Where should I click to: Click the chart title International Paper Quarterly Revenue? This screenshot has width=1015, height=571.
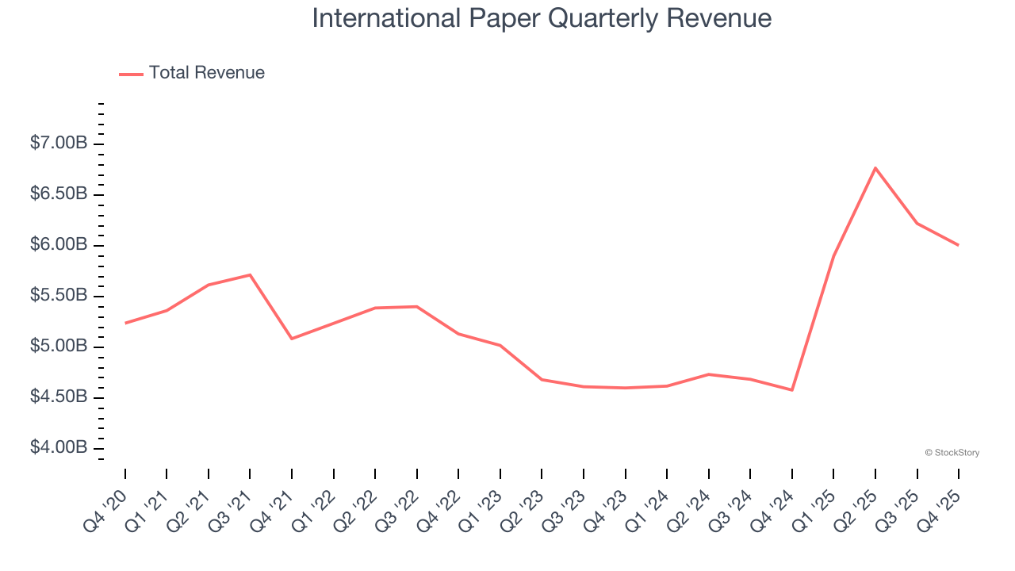point(542,18)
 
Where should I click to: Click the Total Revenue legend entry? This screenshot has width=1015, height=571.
point(206,73)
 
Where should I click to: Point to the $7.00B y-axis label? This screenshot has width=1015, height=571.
point(59,144)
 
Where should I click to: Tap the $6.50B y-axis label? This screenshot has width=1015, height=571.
point(59,194)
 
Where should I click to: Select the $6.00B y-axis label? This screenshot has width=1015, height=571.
point(59,245)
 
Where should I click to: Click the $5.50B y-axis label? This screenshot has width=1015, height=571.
point(59,296)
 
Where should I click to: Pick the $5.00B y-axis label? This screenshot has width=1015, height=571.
point(59,347)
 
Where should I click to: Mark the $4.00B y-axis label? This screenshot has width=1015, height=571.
point(59,448)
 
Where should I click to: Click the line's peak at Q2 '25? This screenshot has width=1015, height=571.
point(875,167)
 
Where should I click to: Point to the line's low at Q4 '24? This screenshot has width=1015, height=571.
point(792,390)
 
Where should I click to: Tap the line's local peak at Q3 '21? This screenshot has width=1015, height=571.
point(250,274)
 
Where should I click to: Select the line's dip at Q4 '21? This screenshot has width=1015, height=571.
point(292,339)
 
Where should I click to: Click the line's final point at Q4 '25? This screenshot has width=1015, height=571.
point(959,245)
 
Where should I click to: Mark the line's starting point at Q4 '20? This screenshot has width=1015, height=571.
point(125,324)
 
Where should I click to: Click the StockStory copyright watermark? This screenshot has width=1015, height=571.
point(952,453)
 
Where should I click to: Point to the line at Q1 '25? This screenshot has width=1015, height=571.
point(833,256)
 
